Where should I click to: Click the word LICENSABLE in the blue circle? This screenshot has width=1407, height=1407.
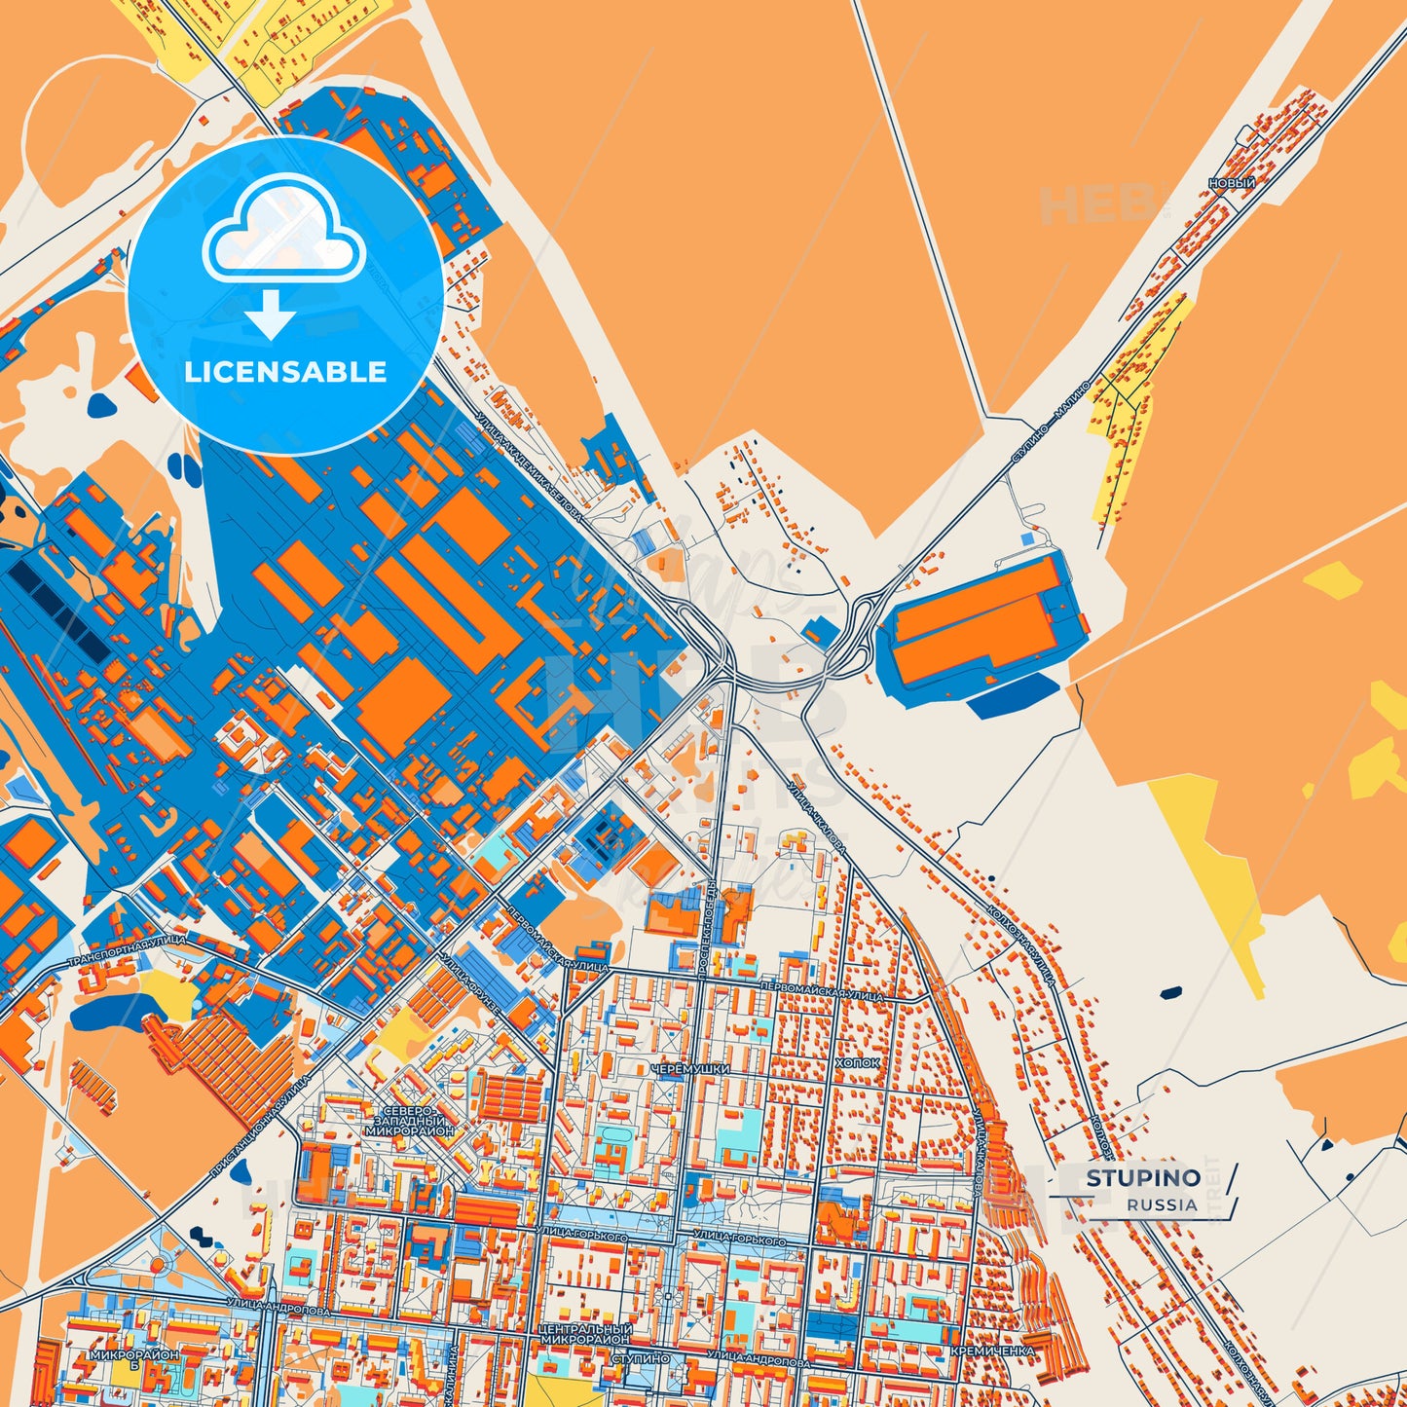pyautogui.click(x=285, y=372)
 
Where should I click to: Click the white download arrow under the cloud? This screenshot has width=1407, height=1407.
pyautogui.click(x=271, y=315)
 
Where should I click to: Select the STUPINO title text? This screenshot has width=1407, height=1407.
pyautogui.click(x=1143, y=1178)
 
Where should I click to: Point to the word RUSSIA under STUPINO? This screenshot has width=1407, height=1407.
pyautogui.click(x=1163, y=1204)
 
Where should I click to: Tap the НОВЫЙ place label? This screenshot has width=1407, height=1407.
pyautogui.click(x=1232, y=182)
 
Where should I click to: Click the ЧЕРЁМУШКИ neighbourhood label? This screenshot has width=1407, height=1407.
pyautogui.click(x=690, y=1069)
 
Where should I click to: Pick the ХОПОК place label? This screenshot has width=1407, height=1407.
pyautogui.click(x=858, y=1063)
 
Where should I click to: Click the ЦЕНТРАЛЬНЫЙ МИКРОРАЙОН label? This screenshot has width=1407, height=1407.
pyautogui.click(x=584, y=1333)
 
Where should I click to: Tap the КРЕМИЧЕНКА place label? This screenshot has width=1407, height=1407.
pyautogui.click(x=992, y=1351)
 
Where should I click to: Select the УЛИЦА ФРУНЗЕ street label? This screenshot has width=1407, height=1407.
pyautogui.click(x=470, y=983)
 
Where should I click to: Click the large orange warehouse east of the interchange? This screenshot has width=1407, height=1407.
pyautogui.click(x=979, y=621)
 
